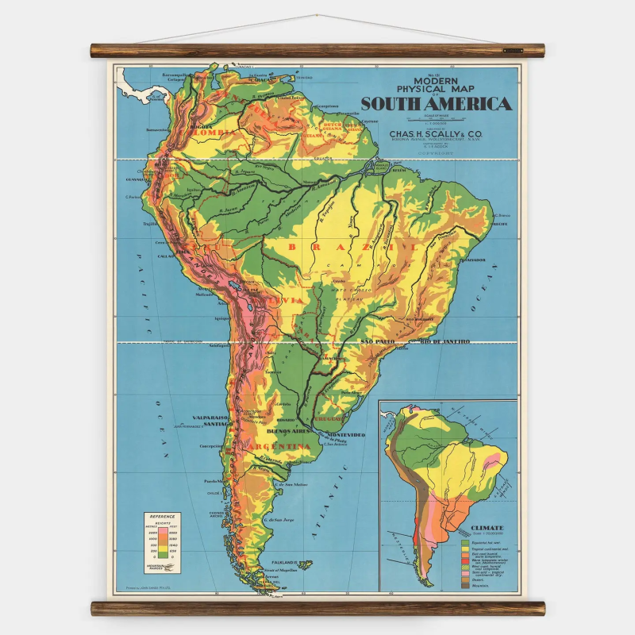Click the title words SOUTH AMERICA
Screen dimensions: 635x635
click(436, 103)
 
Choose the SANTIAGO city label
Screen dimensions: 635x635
click(216, 424)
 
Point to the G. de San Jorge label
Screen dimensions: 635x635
click(279, 519)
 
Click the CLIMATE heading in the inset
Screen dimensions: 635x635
click(487, 527)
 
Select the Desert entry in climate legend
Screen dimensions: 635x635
click(475, 579)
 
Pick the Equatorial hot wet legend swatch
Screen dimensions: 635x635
click(464, 541)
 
